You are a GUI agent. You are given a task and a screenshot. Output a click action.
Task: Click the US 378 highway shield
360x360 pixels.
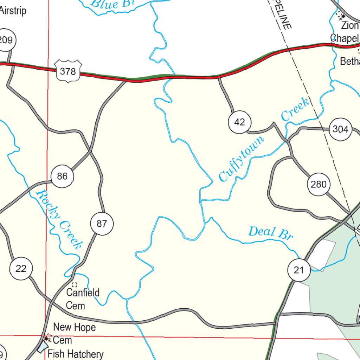(x=68, y=71)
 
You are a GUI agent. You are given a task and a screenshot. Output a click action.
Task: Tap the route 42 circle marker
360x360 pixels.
(x=239, y=122)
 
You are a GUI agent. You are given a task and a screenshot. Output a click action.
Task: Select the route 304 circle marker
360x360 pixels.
(x=340, y=129)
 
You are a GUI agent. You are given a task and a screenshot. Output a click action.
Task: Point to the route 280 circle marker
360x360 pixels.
(x=319, y=184)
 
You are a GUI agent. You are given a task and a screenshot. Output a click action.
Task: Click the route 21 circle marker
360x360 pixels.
(x=299, y=270)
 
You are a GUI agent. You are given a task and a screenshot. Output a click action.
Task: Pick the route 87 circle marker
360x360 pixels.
(x=102, y=223)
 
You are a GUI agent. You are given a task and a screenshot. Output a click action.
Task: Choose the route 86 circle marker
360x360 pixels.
(x=62, y=176)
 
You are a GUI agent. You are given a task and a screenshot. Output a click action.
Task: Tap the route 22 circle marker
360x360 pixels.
(x=21, y=269)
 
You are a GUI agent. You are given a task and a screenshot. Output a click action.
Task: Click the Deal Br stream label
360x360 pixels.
(x=270, y=233)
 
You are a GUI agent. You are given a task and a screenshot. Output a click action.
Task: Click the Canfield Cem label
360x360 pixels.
(x=82, y=299)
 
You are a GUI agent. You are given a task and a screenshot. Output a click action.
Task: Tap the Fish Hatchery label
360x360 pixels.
(x=76, y=354)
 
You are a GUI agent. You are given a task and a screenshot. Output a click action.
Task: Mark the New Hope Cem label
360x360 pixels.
(x=74, y=333)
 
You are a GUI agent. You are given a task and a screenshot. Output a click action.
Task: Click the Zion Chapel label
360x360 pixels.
(x=345, y=32)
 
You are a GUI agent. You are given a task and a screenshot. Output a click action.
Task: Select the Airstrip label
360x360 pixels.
(x=13, y=11)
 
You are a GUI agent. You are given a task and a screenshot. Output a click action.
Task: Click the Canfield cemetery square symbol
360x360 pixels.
(x=74, y=284)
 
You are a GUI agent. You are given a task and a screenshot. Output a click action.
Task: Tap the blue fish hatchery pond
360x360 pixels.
(x=42, y=347)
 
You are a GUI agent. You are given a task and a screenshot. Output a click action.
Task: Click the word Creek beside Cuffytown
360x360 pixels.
(x=295, y=109)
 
